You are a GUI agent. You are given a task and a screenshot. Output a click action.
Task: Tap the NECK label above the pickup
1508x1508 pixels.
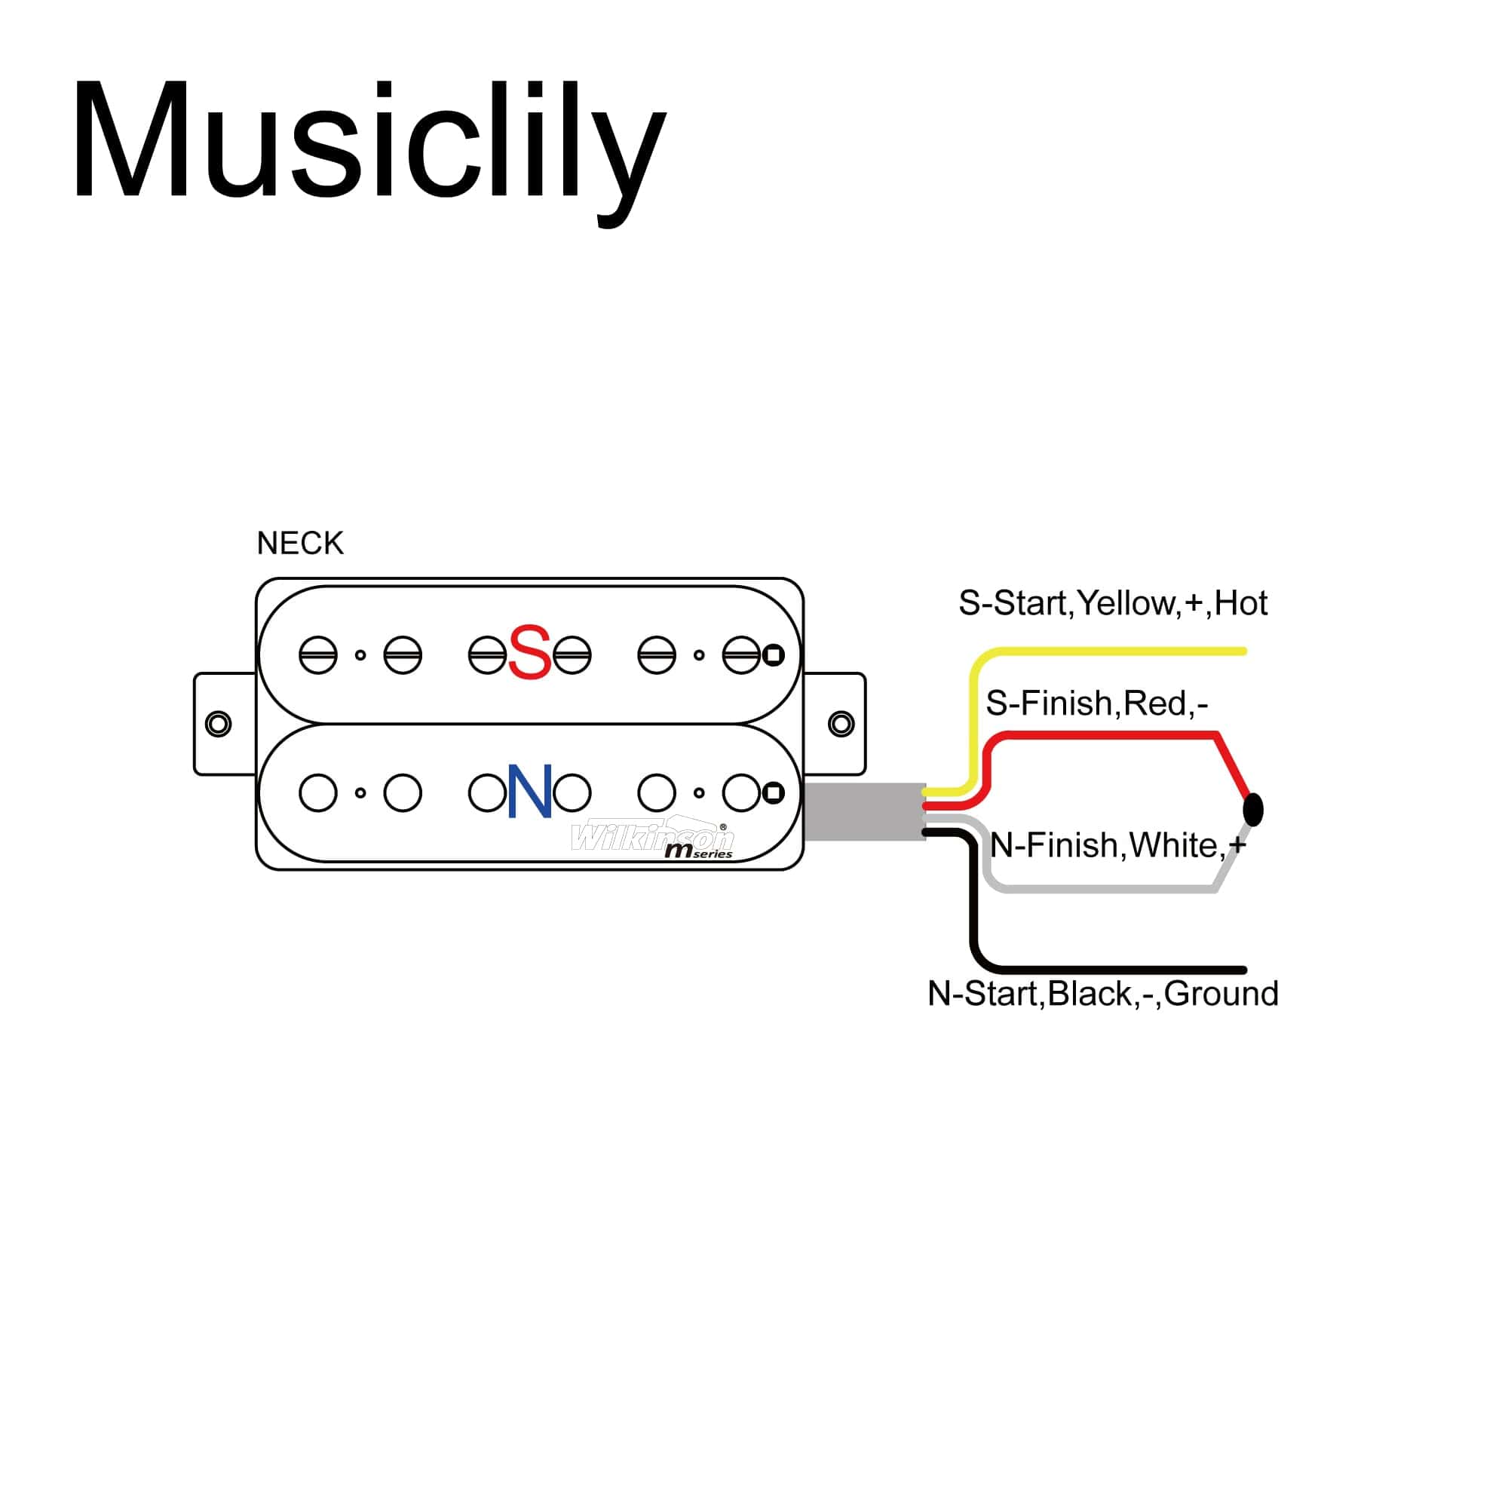point(300,543)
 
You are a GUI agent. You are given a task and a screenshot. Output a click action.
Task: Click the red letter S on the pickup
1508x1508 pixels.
point(529,652)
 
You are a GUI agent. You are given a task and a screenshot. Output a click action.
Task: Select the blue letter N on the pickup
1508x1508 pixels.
point(530,792)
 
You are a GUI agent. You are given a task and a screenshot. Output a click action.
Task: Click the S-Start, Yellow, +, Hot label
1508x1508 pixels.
point(1112,603)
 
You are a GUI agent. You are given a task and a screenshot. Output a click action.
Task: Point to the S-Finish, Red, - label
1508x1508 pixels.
point(1096,703)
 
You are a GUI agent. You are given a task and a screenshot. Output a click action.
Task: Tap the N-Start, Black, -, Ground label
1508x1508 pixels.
point(1103,994)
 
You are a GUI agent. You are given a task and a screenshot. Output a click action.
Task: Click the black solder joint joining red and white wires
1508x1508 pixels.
point(1252,809)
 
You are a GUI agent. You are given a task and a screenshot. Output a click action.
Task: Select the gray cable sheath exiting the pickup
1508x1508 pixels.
point(864,812)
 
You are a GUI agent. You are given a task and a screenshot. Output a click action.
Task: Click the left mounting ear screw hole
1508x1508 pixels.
point(218,724)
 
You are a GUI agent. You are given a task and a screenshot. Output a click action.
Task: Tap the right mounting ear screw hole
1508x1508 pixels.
point(841,724)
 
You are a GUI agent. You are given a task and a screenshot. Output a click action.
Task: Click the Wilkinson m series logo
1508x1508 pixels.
point(654,839)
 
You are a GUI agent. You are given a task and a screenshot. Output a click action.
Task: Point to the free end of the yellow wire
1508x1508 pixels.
point(1243,651)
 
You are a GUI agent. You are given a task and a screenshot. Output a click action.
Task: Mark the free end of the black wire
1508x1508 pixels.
point(1243,970)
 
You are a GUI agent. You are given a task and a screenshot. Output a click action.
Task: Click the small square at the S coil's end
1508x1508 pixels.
point(773,655)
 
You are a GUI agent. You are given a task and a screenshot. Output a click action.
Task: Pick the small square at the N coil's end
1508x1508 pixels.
point(773,793)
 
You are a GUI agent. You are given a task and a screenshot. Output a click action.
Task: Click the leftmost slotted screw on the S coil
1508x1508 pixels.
point(317,655)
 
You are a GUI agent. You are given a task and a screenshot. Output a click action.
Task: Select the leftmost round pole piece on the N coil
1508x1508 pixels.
point(317,793)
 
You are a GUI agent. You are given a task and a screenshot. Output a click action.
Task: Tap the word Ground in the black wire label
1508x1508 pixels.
point(1221,994)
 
